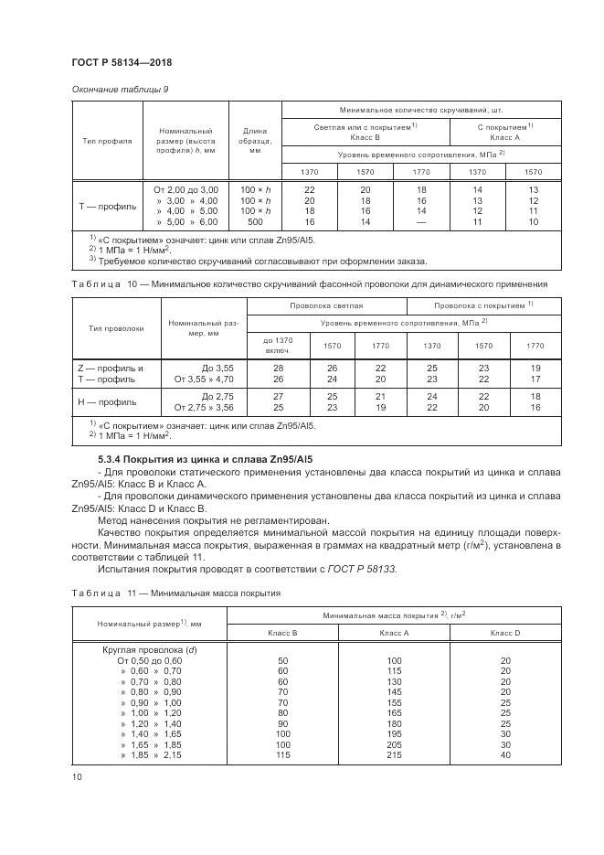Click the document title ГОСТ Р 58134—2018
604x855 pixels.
(122, 62)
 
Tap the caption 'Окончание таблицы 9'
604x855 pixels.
(119, 89)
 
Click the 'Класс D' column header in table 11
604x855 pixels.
(504, 632)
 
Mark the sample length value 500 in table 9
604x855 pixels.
(250, 222)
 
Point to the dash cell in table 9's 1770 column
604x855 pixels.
(421, 222)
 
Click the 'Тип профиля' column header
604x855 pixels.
(108, 142)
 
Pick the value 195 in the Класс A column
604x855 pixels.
(395, 732)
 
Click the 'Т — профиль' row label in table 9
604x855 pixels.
(108, 206)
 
